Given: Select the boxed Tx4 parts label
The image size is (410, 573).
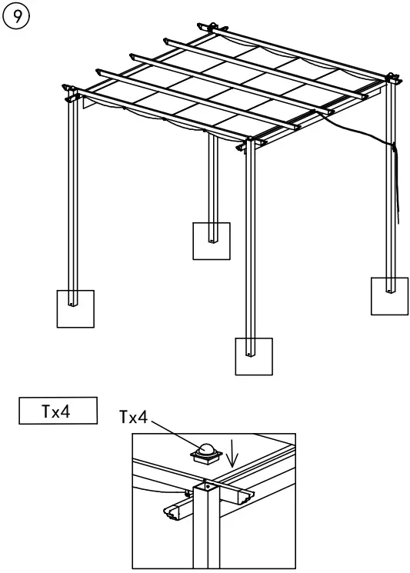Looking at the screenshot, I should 58,410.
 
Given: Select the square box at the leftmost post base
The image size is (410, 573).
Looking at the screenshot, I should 75,308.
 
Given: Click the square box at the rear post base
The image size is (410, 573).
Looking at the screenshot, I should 211,241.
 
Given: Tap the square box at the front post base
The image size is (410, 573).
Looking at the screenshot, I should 253,355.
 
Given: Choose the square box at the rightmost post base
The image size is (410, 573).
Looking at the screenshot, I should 388,296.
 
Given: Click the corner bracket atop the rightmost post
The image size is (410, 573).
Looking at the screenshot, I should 392,79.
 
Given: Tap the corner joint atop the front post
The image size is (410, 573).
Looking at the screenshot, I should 250,143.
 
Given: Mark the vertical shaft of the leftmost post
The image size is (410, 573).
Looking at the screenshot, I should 72,200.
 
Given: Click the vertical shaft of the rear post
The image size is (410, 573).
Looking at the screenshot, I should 210,177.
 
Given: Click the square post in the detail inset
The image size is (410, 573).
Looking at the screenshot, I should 205,531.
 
